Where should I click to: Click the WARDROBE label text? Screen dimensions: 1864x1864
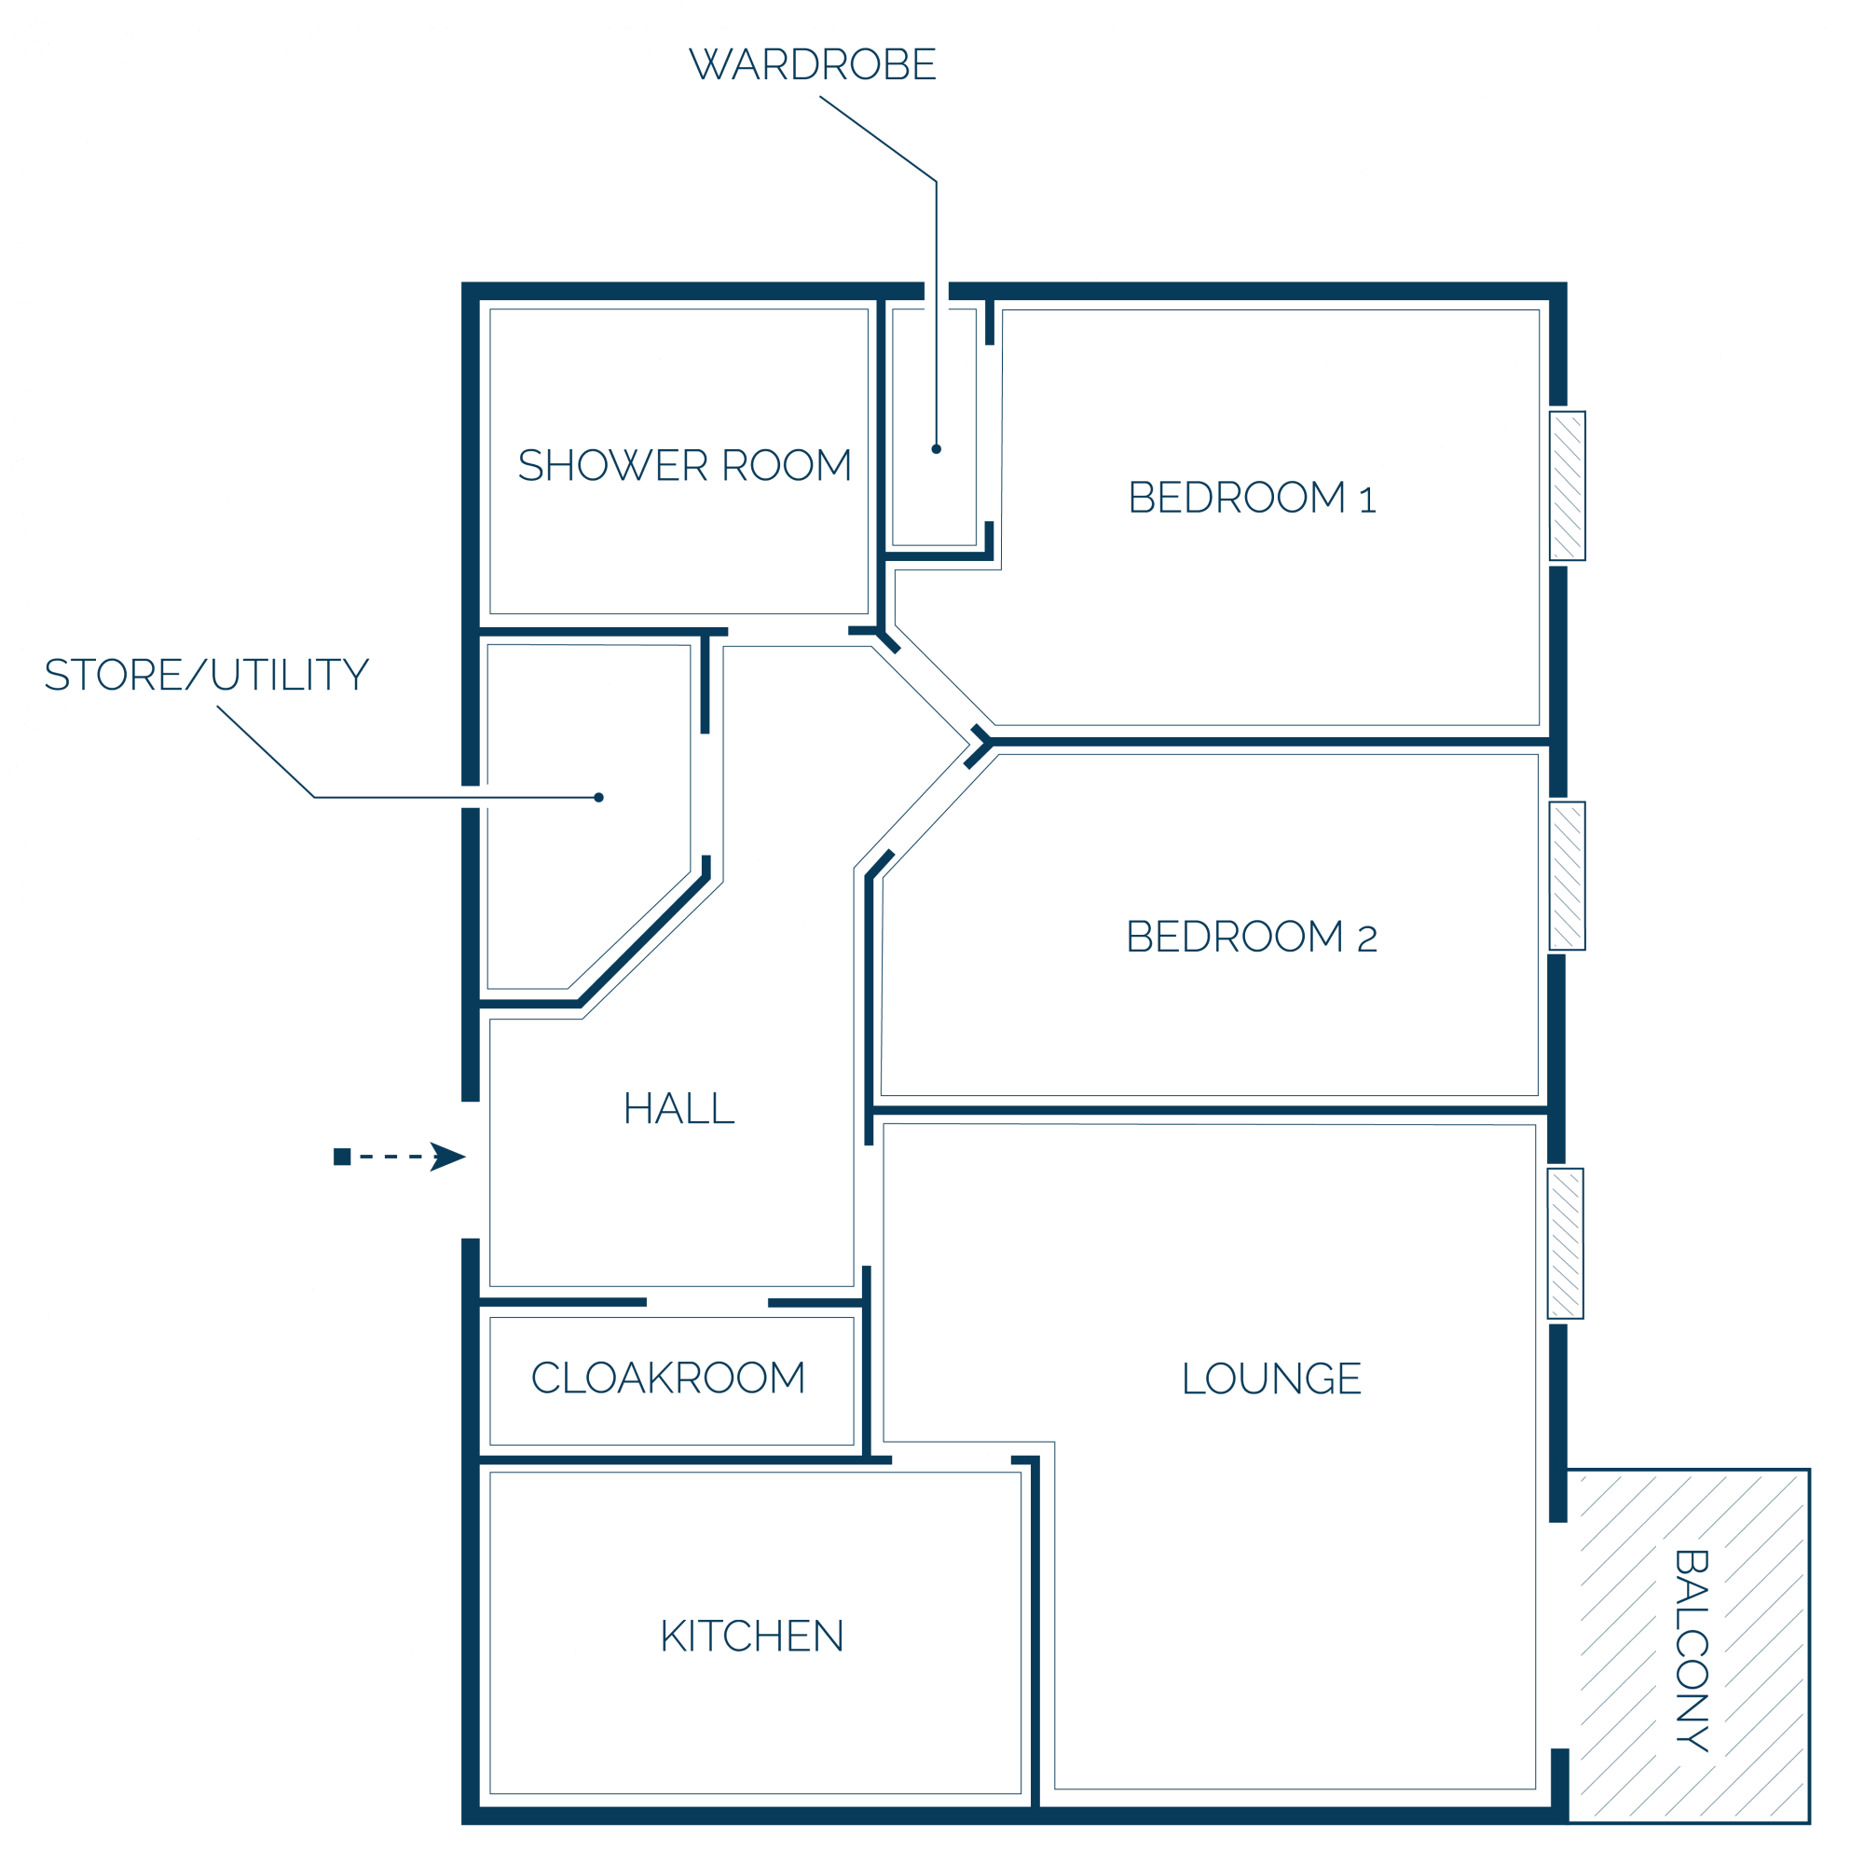pyautogui.click(x=813, y=64)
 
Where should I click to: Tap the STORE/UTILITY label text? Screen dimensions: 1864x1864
pyautogui.click(x=207, y=675)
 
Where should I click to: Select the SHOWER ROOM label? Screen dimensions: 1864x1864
pyautogui.click(x=685, y=465)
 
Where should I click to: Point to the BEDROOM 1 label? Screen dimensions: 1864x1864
pyautogui.click(x=1253, y=498)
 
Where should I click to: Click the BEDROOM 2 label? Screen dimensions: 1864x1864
pyautogui.click(x=1253, y=937)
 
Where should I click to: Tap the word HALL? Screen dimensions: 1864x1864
pyautogui.click(x=679, y=1108)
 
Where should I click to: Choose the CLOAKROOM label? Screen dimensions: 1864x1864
pyautogui.click(x=668, y=1377)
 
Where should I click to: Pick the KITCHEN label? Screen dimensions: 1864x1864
pyautogui.click(x=752, y=1637)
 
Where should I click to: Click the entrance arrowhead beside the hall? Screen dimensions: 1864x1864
pyautogui.click(x=447, y=1157)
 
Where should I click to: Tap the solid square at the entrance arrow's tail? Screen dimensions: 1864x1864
pyautogui.click(x=341, y=1157)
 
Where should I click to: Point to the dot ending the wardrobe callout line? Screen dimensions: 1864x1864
pyautogui.click(x=936, y=448)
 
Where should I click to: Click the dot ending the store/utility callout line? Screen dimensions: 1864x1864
pyautogui.click(x=599, y=798)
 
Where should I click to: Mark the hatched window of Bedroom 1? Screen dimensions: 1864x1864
pyautogui.click(x=1568, y=487)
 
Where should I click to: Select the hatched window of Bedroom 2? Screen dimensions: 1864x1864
pyautogui.click(x=1568, y=876)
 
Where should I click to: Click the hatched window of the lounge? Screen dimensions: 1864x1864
pyautogui.click(x=1566, y=1243)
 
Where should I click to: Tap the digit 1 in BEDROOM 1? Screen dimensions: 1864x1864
pyautogui.click(x=1368, y=500)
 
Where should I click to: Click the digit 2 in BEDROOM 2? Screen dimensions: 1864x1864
pyautogui.click(x=1368, y=939)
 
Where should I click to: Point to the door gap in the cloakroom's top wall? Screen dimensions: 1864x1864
pyautogui.click(x=707, y=1303)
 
